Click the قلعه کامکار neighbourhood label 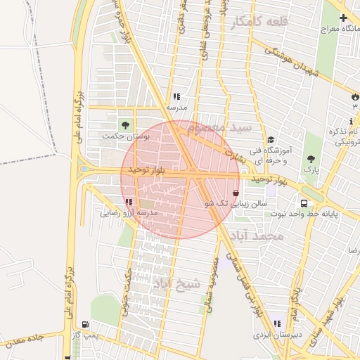259,23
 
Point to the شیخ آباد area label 176,284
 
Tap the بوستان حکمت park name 127,136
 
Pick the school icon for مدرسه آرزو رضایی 128,202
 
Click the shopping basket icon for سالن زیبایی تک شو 235,191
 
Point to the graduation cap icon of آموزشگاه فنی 271,139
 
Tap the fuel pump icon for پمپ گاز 85,324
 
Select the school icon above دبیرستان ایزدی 277,323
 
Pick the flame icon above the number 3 354,96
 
